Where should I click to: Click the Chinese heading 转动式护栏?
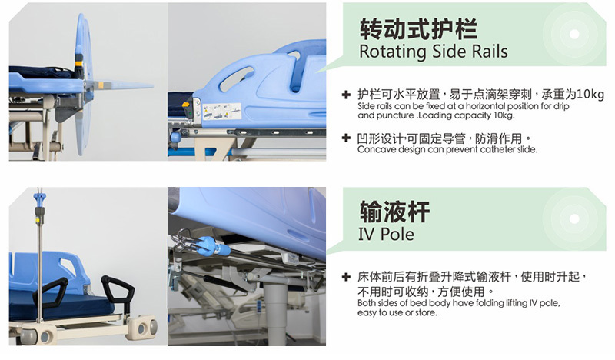418,29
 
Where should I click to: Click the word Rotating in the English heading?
393,52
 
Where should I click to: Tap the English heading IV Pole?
386,234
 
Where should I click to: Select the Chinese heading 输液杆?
394,212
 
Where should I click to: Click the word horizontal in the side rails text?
484,106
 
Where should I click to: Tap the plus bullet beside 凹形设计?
346,138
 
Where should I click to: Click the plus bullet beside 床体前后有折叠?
346,277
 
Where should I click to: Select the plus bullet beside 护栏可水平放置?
346,95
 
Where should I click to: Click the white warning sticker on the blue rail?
222,111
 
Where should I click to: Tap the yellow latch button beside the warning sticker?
186,105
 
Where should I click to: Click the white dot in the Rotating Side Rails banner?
574,34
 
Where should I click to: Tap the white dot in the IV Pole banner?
574,218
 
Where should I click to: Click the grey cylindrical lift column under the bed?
275,315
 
